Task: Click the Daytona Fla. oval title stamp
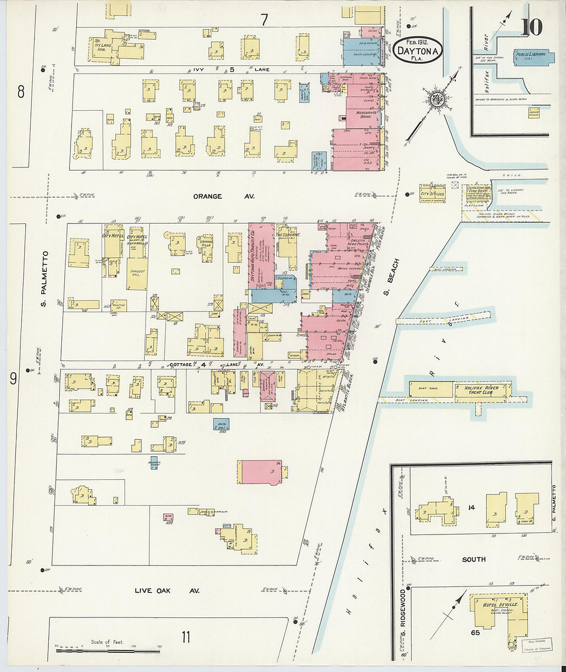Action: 418,50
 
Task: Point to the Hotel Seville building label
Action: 500,605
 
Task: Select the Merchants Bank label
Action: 366,114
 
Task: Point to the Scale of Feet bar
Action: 108,650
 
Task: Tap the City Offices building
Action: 432,194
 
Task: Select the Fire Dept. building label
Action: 477,192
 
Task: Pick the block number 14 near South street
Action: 470,508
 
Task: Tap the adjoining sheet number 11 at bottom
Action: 186,637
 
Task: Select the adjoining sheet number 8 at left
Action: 21,92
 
